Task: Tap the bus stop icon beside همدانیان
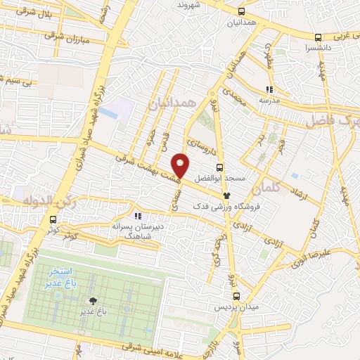coord(242,12)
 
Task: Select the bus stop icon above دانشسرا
coord(318,37)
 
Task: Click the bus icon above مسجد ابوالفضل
coord(220,167)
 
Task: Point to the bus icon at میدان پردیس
coord(236,296)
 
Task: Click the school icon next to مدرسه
coord(268,89)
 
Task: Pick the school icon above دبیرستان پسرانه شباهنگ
coord(138,215)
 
